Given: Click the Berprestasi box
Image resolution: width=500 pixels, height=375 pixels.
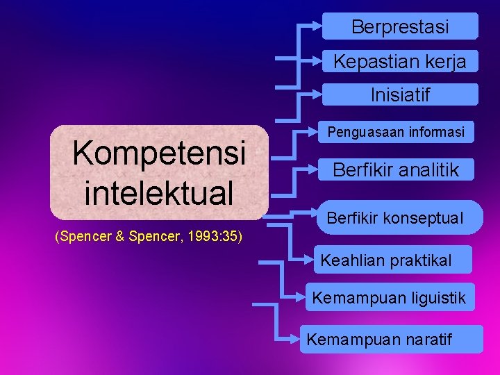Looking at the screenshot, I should [x=400, y=26].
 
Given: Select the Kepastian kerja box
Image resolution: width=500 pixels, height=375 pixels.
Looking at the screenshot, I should [x=400, y=60].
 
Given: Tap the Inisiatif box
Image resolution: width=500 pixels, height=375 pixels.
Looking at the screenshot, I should [x=400, y=94].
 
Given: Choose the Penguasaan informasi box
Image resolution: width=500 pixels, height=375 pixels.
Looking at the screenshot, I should [x=397, y=131].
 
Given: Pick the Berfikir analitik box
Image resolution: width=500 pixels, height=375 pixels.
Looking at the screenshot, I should [x=397, y=169].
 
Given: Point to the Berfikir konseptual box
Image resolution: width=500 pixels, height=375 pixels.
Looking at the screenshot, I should [x=394, y=218].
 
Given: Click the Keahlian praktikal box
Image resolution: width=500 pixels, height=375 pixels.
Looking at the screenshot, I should [x=386, y=260].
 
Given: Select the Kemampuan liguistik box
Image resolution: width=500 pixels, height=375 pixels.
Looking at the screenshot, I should [x=389, y=299].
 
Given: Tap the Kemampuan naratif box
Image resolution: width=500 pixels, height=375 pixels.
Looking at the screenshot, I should [x=391, y=340].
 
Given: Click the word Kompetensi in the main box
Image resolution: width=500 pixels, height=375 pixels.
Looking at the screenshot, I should [x=159, y=152].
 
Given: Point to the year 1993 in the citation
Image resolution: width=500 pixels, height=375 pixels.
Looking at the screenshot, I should [x=198, y=237].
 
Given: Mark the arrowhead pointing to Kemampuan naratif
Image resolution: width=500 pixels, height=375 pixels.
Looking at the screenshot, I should [x=297, y=340].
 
